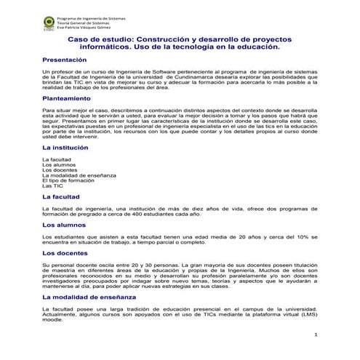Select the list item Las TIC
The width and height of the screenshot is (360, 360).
pos(53,185)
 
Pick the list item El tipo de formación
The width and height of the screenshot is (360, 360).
pos(70,180)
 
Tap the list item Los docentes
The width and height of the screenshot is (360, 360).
pos(60,169)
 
